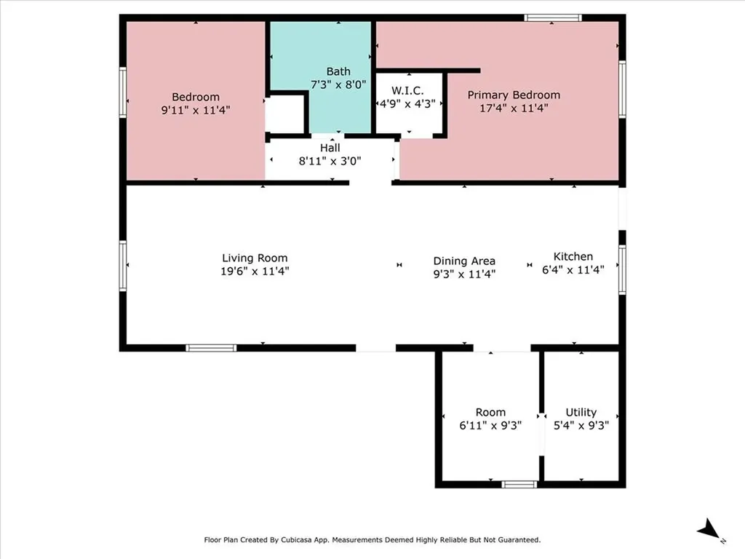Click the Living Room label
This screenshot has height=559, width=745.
point(255,258)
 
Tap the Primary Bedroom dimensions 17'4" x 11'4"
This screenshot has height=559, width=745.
point(514,108)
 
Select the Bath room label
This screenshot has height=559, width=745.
point(338,71)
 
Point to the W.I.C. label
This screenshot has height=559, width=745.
point(408,90)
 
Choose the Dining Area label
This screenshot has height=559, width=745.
point(464,261)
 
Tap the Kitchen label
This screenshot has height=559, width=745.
point(573,256)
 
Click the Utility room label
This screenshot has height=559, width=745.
point(581,412)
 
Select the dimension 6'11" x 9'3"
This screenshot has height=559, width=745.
point(490,426)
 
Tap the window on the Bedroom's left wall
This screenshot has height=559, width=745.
point(123,92)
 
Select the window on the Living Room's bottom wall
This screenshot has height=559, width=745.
point(211,348)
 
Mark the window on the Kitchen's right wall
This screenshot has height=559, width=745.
point(622,269)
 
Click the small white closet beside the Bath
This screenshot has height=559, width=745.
point(284,115)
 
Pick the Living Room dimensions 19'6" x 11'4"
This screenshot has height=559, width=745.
point(255,271)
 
